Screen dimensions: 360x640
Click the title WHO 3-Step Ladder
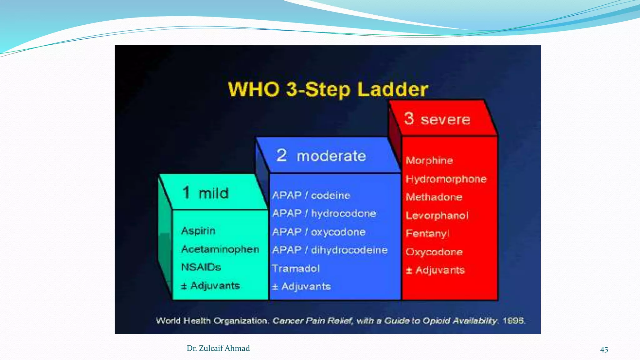(328, 90)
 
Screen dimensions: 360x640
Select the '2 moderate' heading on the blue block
(321, 156)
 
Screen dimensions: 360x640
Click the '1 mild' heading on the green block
(205, 193)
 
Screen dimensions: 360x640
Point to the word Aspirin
(198, 231)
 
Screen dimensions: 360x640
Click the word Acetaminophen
(220, 249)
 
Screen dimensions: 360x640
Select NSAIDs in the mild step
(201, 267)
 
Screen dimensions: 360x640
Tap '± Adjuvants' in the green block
(210, 286)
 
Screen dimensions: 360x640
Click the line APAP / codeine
(311, 196)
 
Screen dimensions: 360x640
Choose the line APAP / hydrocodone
(324, 214)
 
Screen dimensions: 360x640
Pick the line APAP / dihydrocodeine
(330, 250)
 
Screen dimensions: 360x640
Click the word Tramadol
(296, 269)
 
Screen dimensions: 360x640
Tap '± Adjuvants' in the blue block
(301, 287)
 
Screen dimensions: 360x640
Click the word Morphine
(429, 161)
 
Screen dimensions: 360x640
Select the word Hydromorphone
(446, 179)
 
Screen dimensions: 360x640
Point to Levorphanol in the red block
(437, 216)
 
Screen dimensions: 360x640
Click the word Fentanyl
(427, 234)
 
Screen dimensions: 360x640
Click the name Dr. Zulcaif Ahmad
(218, 348)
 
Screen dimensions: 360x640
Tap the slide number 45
(604, 350)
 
